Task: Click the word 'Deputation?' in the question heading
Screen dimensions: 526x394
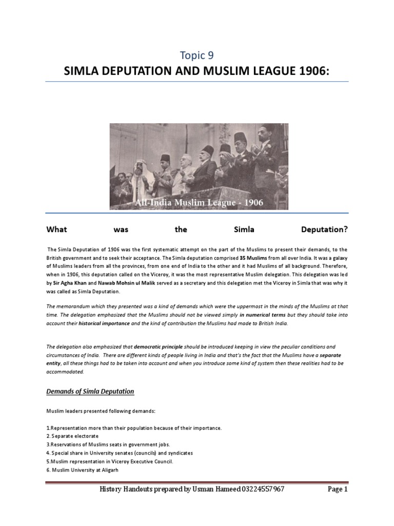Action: [x=324, y=229]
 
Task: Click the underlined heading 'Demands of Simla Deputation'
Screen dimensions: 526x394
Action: [x=90, y=391]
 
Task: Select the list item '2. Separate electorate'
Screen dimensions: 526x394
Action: [x=72, y=436]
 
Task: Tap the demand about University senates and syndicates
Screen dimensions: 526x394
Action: [x=119, y=453]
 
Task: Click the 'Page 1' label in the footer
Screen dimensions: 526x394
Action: [x=338, y=489]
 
